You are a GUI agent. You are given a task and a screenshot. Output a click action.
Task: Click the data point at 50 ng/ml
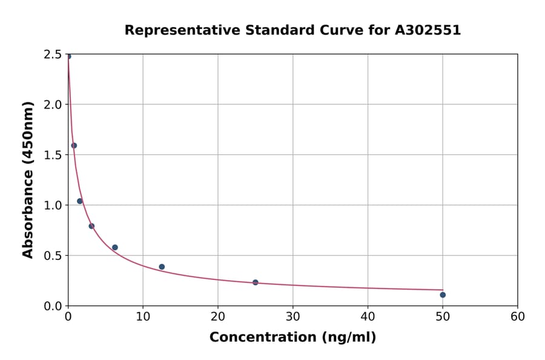tap(443, 295)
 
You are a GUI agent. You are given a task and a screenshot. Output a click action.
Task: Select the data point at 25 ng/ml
tap(256, 282)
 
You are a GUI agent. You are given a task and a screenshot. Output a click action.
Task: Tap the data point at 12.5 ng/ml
tap(162, 267)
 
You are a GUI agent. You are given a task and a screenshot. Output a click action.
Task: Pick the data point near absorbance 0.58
tap(115, 247)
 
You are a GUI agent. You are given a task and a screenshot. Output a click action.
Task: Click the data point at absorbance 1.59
tap(74, 145)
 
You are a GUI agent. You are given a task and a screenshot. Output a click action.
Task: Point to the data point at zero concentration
tap(68, 56)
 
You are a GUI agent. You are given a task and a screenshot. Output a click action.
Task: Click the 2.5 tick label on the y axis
tap(53, 55)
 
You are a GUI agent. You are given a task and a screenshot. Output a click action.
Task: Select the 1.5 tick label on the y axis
tap(53, 155)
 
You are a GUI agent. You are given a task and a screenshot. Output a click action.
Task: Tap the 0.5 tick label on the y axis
tap(53, 256)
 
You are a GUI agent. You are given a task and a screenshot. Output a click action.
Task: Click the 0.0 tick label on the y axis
tap(53, 306)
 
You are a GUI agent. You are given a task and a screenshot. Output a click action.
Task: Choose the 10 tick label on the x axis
tap(143, 317)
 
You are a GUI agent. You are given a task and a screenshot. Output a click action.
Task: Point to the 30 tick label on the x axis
tap(293, 317)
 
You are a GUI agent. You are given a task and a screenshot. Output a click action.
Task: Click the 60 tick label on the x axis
tap(518, 317)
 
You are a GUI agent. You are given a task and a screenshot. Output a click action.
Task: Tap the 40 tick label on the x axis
tap(368, 317)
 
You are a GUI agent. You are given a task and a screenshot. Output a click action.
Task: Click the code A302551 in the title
tap(428, 30)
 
